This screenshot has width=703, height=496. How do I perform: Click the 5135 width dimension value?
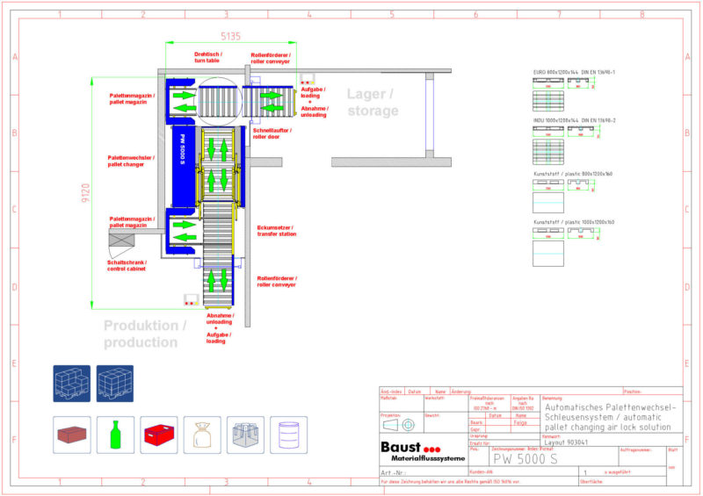[229, 36]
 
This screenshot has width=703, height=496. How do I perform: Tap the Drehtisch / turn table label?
[208, 57]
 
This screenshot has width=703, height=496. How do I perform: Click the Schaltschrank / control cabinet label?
[127, 265]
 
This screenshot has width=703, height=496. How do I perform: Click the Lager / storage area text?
[372, 103]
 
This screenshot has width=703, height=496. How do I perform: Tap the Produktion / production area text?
[145, 334]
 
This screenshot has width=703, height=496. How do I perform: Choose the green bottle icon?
[113, 435]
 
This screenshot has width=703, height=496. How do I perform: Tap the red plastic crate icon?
[159, 435]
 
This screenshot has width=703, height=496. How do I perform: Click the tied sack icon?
[203, 435]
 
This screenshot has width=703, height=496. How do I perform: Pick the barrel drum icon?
[289, 435]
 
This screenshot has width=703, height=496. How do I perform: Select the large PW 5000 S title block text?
[525, 458]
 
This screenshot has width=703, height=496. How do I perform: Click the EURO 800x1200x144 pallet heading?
[574, 72]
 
